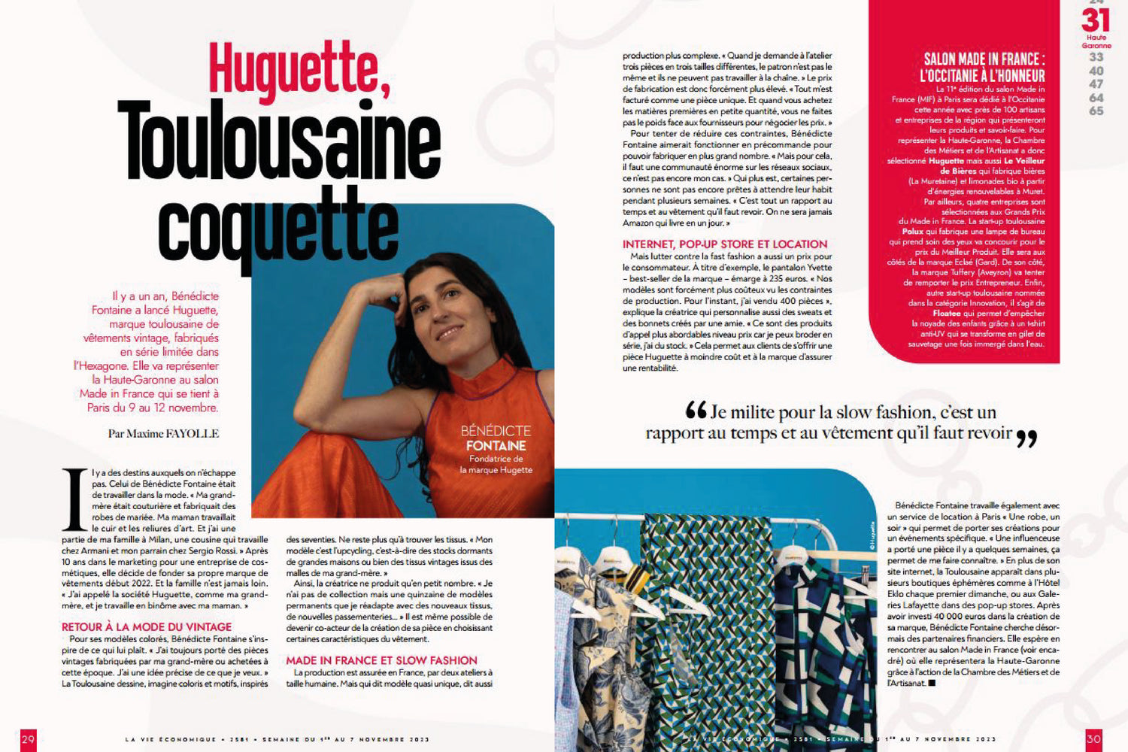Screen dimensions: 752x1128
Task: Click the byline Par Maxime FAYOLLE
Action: pos(163,433)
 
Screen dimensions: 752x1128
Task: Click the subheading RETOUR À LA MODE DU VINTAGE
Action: pos(147,626)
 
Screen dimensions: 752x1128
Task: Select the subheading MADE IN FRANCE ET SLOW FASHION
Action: pos(381,660)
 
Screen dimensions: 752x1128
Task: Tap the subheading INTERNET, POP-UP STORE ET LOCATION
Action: pos(725,244)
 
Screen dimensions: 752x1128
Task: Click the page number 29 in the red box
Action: pos(28,739)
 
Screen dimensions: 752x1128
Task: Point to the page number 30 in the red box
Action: pos(1093,739)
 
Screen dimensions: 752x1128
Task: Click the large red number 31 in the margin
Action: pos(1096,20)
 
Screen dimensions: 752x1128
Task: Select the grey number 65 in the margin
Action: pos(1096,111)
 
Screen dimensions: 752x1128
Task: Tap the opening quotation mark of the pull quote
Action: pos(696,410)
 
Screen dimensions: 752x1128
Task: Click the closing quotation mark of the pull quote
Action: pos(1026,438)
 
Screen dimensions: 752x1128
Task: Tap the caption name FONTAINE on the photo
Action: pos(496,446)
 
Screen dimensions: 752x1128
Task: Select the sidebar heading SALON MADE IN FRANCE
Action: pos(984,59)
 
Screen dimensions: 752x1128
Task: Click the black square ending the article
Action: pos(932,683)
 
